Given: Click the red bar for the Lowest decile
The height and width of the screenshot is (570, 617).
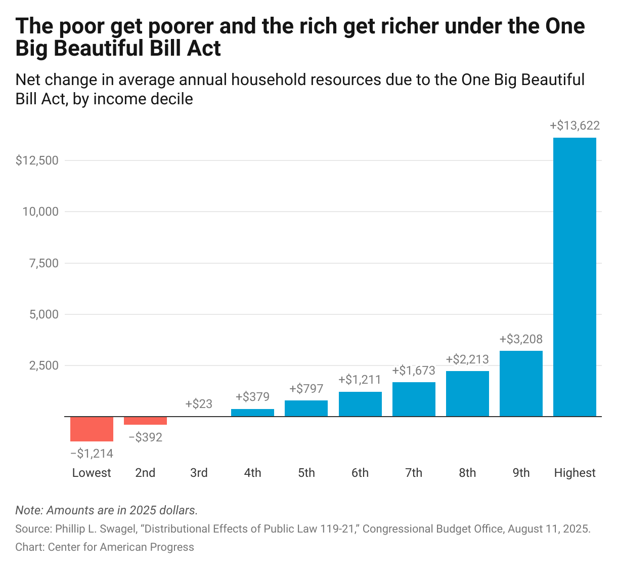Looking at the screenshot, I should pyautogui.click(x=92, y=429).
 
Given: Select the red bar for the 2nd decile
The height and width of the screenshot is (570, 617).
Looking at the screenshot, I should pyautogui.click(x=145, y=421).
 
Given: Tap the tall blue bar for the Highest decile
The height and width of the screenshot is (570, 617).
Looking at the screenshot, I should pyautogui.click(x=575, y=277).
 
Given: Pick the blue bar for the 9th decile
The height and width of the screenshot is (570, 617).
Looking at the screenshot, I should pyautogui.click(x=521, y=383).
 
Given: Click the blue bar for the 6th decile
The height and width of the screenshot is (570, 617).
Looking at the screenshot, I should pyautogui.click(x=360, y=404).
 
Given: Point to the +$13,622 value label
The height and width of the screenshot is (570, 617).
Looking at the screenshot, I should pyautogui.click(x=575, y=126).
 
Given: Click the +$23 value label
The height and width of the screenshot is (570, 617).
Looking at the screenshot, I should pyautogui.click(x=199, y=404).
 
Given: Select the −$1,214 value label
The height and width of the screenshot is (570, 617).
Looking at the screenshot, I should pyautogui.click(x=92, y=454).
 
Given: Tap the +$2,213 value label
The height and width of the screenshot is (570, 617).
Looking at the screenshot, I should pyautogui.click(x=467, y=359).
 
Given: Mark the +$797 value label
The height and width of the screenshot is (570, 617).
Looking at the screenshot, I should pyautogui.click(x=306, y=389).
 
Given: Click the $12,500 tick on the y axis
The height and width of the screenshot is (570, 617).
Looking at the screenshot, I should pyautogui.click(x=37, y=160).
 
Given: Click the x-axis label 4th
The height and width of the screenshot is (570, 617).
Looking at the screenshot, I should pyautogui.click(x=252, y=473).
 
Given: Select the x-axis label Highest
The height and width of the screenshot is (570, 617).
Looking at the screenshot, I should pyautogui.click(x=575, y=473).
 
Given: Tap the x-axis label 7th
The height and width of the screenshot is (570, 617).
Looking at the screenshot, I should pyautogui.click(x=414, y=473).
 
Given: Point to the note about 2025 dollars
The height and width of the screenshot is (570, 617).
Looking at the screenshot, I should pyautogui.click(x=106, y=510).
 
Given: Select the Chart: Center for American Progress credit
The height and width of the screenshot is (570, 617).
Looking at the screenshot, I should pyautogui.click(x=105, y=547).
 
